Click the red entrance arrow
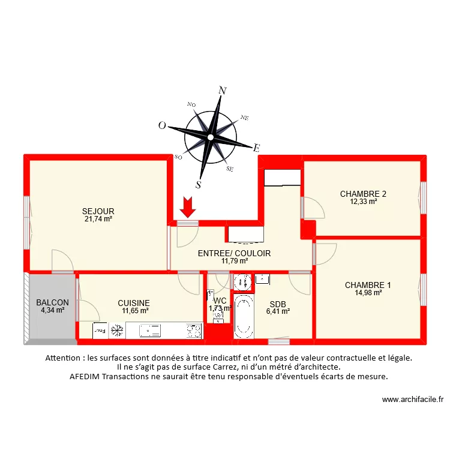(x=188, y=207)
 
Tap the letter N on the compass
(x=223, y=91)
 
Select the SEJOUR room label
(x=98, y=211)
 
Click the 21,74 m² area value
(x=98, y=219)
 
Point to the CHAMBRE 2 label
(x=363, y=194)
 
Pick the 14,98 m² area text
(x=368, y=293)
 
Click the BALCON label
(x=52, y=302)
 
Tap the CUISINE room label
(x=134, y=303)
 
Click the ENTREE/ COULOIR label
(x=234, y=253)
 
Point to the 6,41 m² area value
(x=278, y=311)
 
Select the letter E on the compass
(x=256, y=148)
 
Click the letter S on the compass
(x=199, y=184)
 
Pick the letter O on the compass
(x=161, y=125)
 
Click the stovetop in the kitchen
(x=193, y=330)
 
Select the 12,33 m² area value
(x=363, y=202)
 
